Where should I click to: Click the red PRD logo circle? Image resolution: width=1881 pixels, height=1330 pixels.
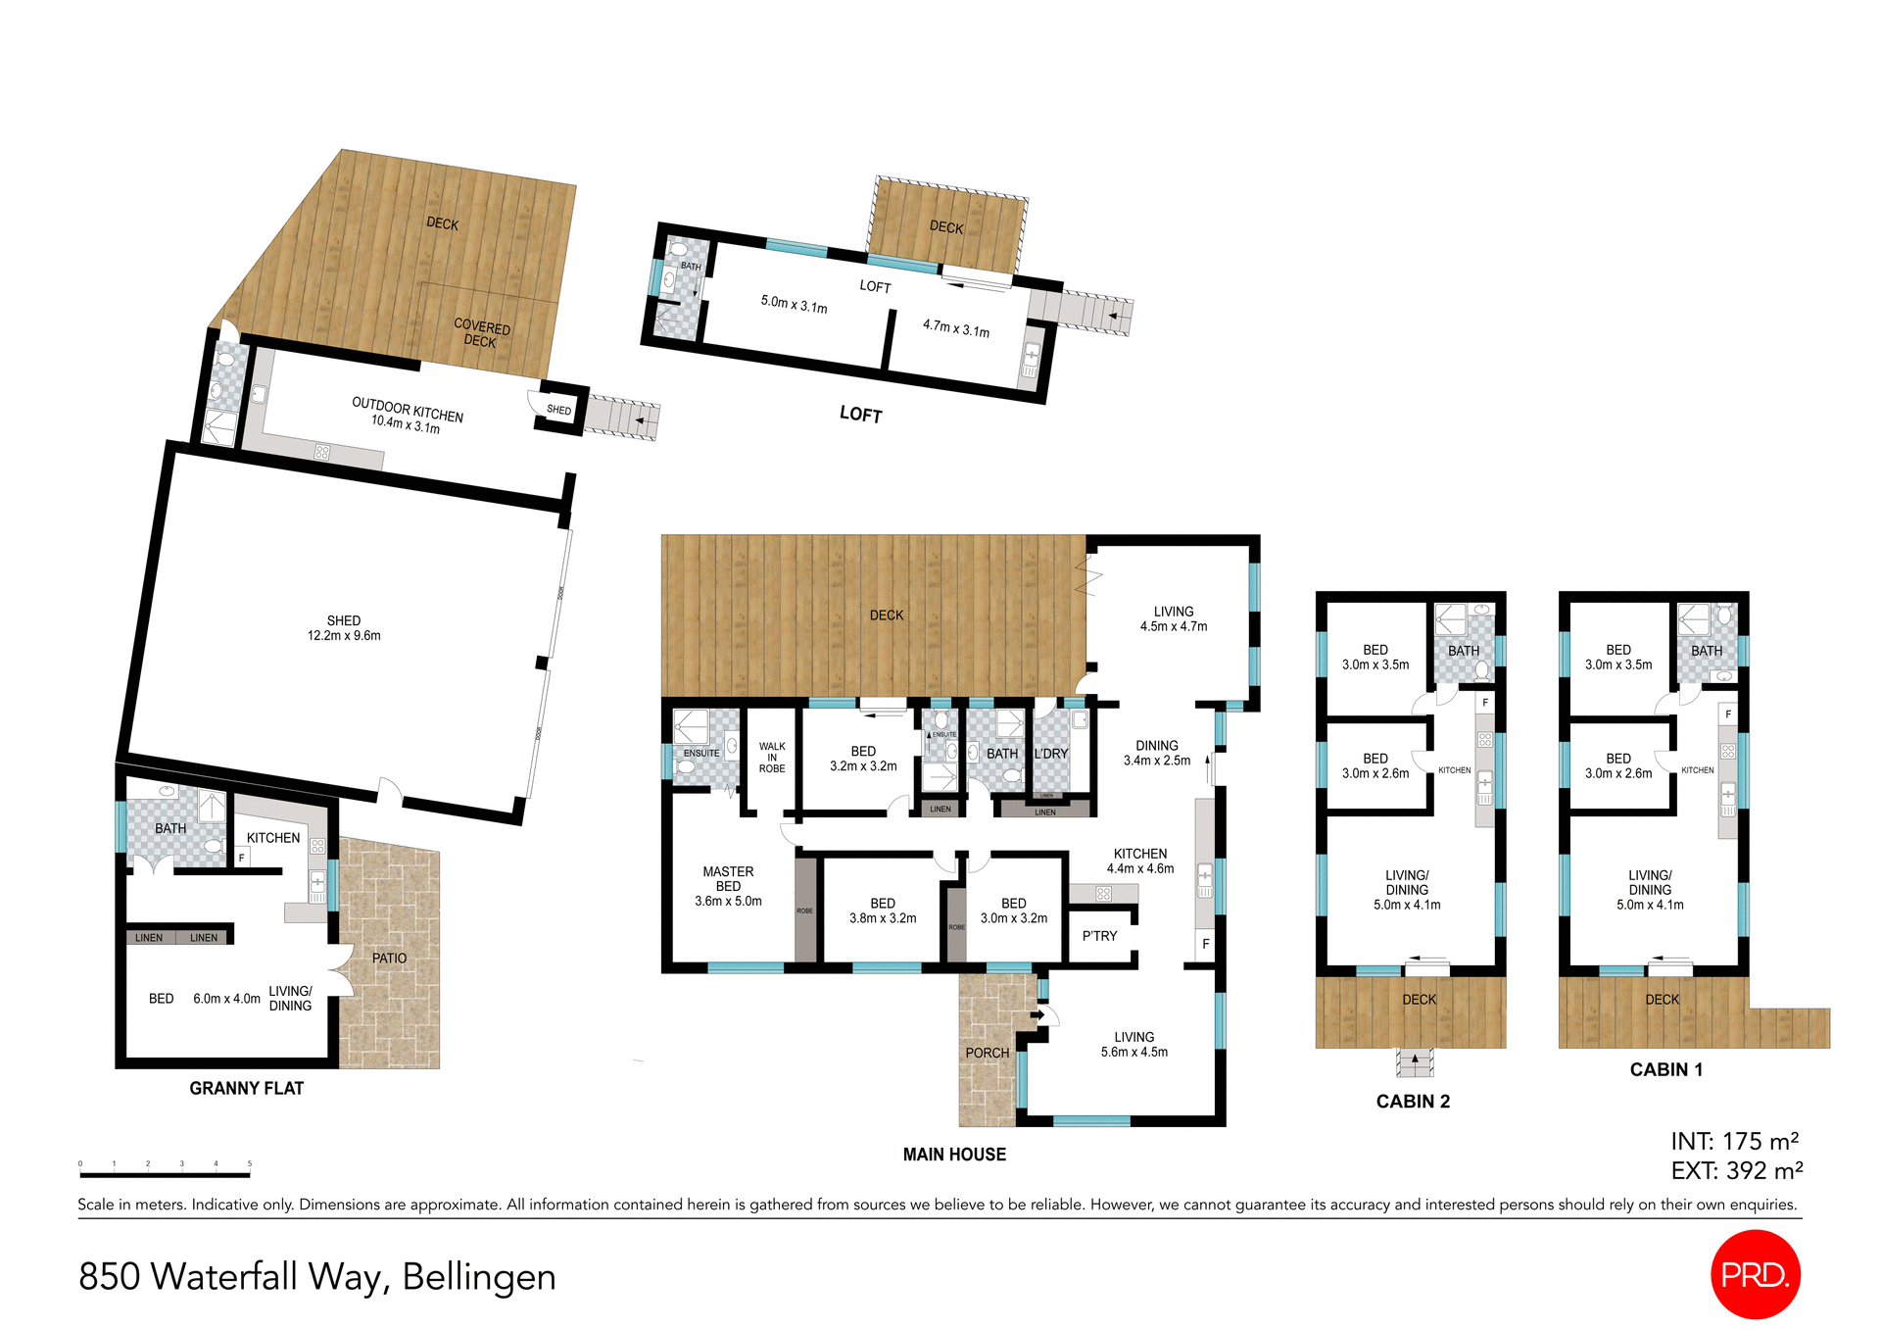tap(1755, 1274)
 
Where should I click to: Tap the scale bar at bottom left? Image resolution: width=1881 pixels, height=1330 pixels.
tap(165, 1173)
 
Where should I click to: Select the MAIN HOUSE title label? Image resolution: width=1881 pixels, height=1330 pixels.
tap(954, 1155)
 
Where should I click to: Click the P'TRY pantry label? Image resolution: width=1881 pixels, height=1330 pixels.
tap(1099, 936)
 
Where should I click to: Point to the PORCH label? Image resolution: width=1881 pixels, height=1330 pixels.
tap(987, 1053)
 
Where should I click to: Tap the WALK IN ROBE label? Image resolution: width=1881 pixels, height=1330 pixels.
tap(772, 758)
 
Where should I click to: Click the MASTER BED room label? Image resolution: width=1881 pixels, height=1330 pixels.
tap(728, 878)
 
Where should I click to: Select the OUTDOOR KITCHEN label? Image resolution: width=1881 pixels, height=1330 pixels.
tap(408, 410)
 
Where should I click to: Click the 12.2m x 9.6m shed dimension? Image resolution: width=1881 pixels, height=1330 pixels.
tap(344, 636)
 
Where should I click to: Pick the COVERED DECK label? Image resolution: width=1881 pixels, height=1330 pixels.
tap(481, 333)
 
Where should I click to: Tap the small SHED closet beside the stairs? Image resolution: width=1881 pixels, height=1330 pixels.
tap(559, 410)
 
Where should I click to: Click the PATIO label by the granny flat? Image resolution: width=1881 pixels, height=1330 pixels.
tap(389, 958)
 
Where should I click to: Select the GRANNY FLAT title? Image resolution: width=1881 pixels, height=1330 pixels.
tap(247, 1088)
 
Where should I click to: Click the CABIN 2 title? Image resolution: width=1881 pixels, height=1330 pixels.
tap(1413, 1102)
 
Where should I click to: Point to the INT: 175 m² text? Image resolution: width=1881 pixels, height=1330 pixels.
tap(1734, 1142)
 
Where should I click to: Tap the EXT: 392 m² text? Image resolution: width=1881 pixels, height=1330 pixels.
tap(1736, 1171)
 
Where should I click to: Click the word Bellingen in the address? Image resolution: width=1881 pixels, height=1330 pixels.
tap(479, 1277)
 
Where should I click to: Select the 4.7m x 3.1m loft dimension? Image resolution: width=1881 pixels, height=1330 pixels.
tap(956, 328)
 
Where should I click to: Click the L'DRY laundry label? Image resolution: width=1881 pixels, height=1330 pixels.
tap(1051, 754)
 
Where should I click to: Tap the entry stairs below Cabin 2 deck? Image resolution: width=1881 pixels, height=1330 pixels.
tap(1415, 1062)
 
